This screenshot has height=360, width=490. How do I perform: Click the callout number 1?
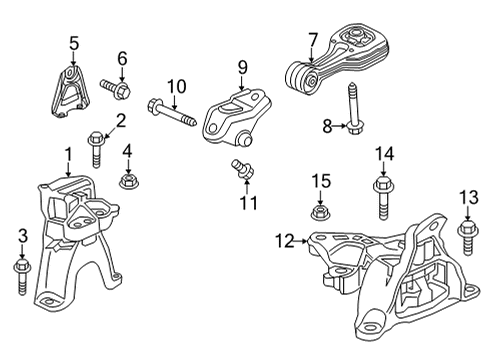pos(69,155)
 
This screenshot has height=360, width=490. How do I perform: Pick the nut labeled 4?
pos(128,181)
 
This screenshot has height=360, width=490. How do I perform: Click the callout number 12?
pos(284,240)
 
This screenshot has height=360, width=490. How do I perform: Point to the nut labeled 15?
pos(321,212)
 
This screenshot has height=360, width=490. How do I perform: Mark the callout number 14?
pos(385,153)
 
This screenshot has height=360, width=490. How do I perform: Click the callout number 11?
pos(247,202)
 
